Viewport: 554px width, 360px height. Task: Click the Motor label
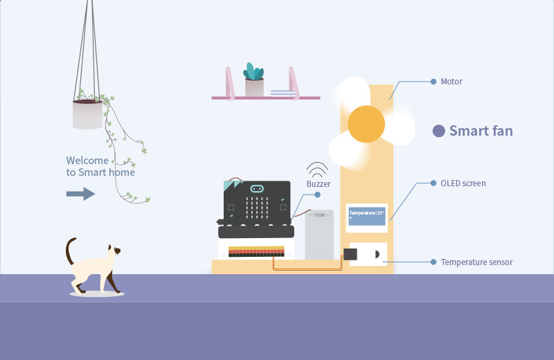coord(451,82)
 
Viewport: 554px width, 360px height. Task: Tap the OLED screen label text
coord(463,183)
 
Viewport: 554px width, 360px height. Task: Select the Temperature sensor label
coord(476,262)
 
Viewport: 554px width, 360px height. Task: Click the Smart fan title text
coord(481,131)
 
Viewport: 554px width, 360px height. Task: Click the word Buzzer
coord(318,184)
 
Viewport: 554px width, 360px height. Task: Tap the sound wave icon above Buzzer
coord(317,169)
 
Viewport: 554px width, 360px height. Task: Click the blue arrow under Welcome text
coord(80,193)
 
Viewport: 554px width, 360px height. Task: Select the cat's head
coord(114,251)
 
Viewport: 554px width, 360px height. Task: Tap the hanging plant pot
coord(87,114)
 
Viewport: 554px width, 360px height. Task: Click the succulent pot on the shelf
coord(254,87)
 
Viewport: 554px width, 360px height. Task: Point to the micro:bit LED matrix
coord(256,206)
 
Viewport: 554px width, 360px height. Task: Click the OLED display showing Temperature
coord(366,216)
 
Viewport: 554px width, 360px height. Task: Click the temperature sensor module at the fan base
coord(368,254)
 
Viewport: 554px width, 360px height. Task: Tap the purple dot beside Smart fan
coord(438,131)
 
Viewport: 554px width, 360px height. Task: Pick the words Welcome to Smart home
coord(100,166)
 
